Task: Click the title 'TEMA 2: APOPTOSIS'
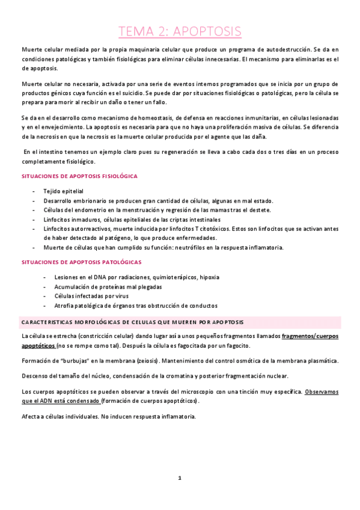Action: (180, 31)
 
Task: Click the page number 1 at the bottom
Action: (179, 478)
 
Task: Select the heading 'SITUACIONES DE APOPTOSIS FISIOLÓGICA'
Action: (79, 176)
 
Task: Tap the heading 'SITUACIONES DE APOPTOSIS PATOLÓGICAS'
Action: (81, 262)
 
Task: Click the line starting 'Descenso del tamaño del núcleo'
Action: (154, 376)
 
